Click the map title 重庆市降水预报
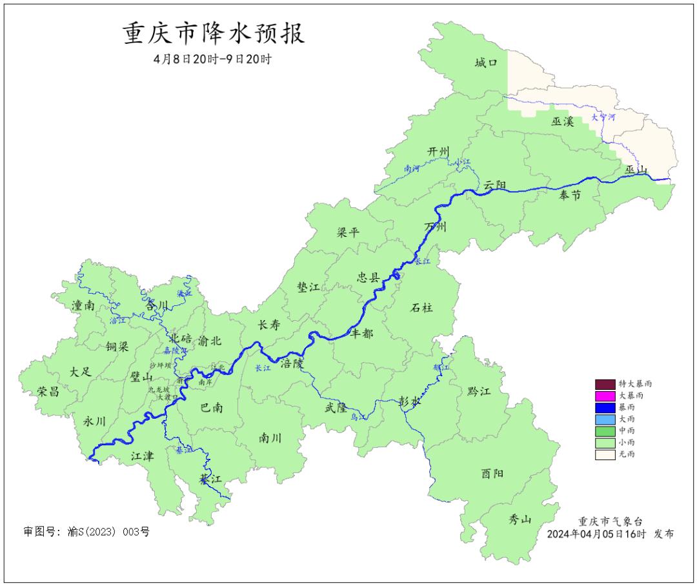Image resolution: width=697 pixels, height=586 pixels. point(214,34)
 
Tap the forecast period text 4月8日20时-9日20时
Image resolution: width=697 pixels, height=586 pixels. point(213,59)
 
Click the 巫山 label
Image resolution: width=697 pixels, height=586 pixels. point(636,170)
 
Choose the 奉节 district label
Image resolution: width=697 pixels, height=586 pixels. point(570,195)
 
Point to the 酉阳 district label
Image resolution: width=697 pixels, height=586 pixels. point(492,473)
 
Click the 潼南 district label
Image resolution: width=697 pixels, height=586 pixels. point(83,305)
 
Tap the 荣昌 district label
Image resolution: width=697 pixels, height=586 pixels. point(48,391)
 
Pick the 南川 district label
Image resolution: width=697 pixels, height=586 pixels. point(270,438)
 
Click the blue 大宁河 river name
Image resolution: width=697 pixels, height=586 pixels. point(603,117)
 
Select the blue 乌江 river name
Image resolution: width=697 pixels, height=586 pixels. point(358,418)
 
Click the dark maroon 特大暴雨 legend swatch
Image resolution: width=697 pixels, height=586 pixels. point(605,383)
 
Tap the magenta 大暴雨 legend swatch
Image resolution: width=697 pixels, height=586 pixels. point(605,395)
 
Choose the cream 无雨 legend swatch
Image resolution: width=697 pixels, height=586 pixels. point(605,454)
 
